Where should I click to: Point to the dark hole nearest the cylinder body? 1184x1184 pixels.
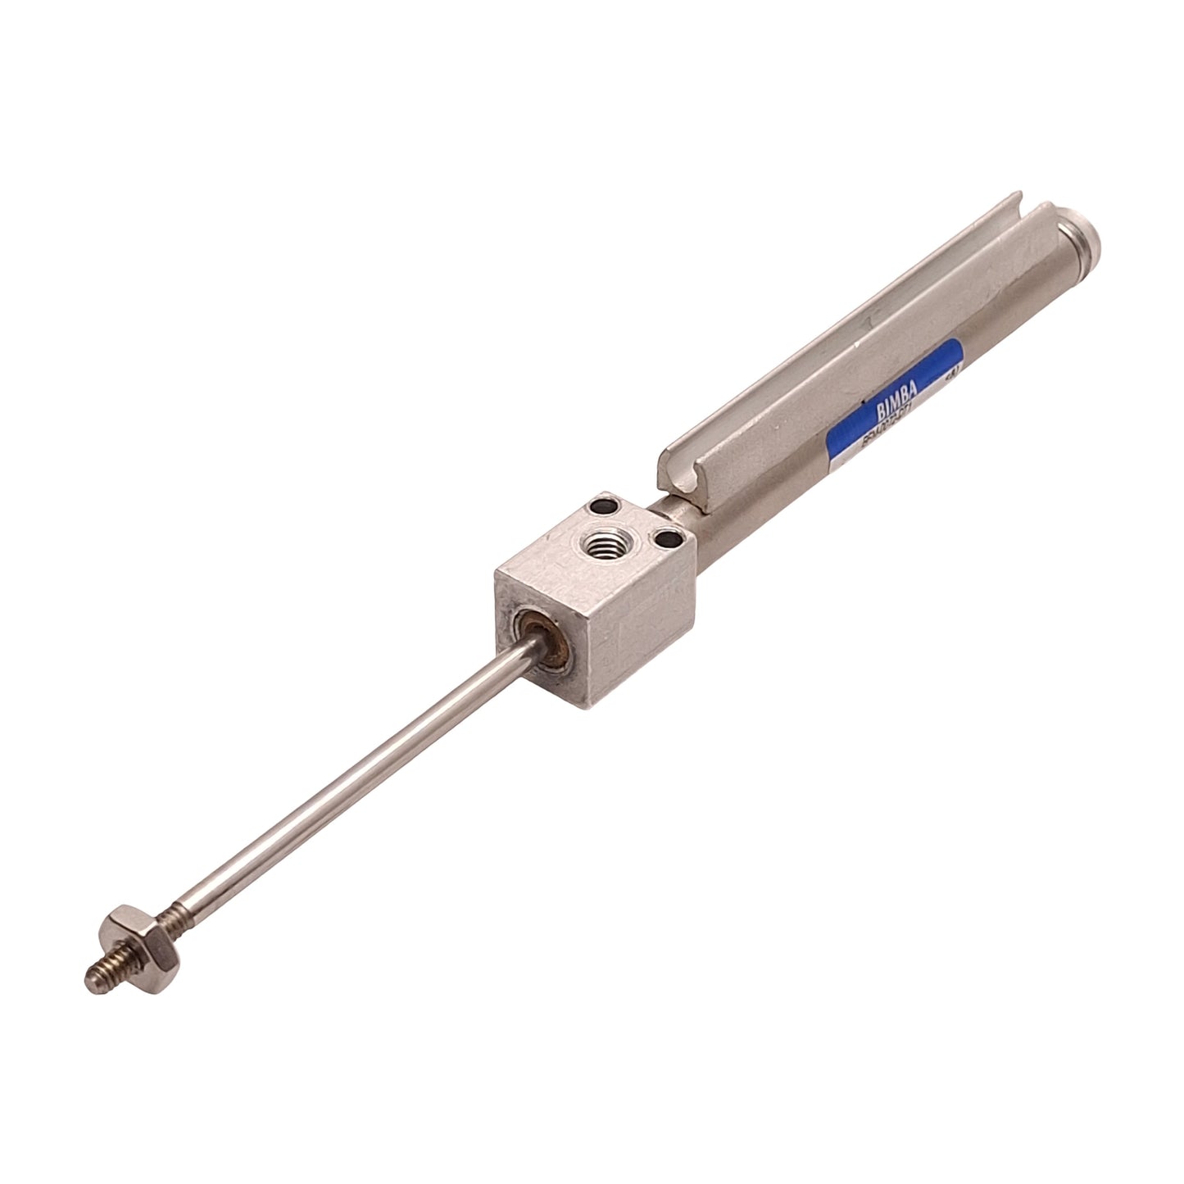pos(671,539)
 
